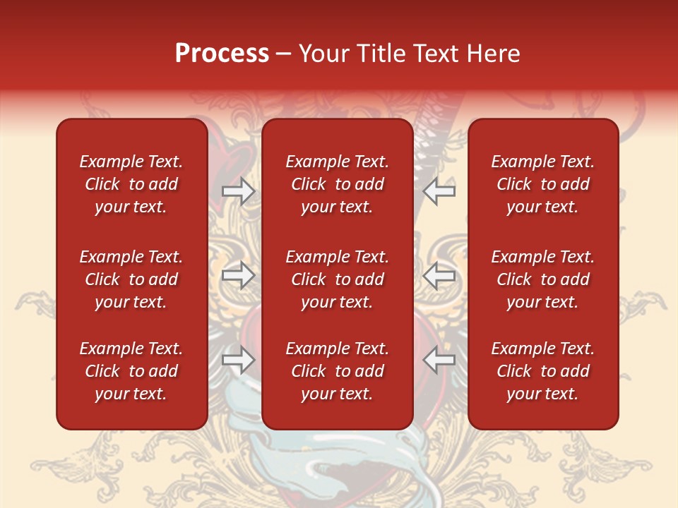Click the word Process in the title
point(222,54)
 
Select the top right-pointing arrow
point(239,191)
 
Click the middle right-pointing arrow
point(239,275)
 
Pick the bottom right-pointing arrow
point(239,361)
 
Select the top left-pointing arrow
point(439,191)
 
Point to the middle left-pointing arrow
point(439,275)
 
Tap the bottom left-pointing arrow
point(439,361)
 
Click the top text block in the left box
point(131,184)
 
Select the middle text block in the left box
point(131,279)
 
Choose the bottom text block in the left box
point(131,371)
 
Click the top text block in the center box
point(338,184)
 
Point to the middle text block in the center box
point(338,279)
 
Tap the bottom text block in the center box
point(338,371)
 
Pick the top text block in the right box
point(543,184)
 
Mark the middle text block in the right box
point(543,279)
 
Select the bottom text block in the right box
point(543,371)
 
